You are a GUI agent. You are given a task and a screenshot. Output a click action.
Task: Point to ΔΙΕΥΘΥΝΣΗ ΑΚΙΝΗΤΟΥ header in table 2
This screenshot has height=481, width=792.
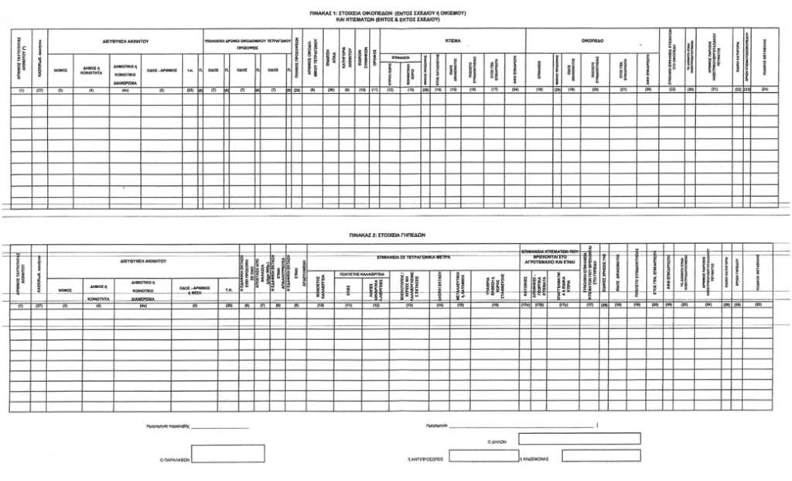[x=140, y=262]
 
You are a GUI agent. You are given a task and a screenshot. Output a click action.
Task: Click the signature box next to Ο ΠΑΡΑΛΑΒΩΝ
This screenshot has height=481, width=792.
[x=227, y=453]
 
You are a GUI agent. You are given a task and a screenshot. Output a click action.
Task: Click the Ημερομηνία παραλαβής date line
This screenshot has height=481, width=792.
[x=219, y=427]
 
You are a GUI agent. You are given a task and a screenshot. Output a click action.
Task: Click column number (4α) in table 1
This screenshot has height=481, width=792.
[x=124, y=91]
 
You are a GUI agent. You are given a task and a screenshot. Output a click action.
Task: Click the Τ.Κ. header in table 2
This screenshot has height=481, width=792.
[x=230, y=288]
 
